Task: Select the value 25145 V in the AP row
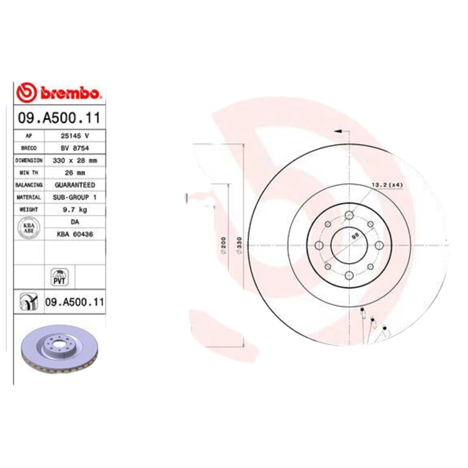pyautogui.click(x=74, y=136)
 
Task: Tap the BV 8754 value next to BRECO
pyautogui.click(x=74, y=148)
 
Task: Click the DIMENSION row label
pyautogui.click(x=29, y=160)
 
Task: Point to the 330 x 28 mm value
pyautogui.click(x=74, y=160)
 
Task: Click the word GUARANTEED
pyautogui.click(x=74, y=185)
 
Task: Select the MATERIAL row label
pyautogui.click(x=29, y=197)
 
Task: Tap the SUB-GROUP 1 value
pyautogui.click(x=74, y=197)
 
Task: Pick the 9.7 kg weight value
pyautogui.click(x=74, y=209)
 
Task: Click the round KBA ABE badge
pyautogui.click(x=28, y=228)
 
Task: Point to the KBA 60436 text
pyautogui.click(x=74, y=234)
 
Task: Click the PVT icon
pyautogui.click(x=59, y=276)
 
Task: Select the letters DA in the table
pyautogui.click(x=74, y=222)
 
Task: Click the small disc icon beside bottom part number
pyautogui.click(x=28, y=302)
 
